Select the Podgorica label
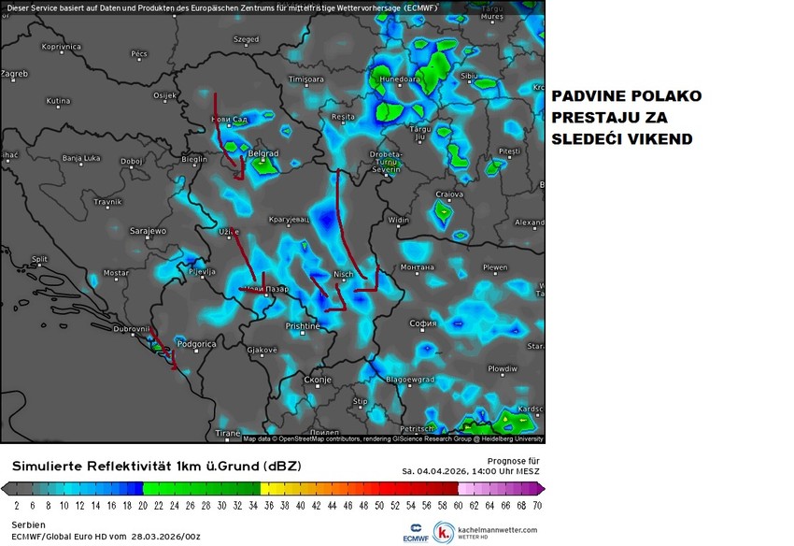(x=196, y=344)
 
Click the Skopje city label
(x=319, y=381)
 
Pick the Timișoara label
(x=305, y=80)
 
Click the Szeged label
(x=246, y=40)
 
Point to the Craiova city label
(x=449, y=194)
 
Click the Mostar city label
(x=116, y=273)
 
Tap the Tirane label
(x=228, y=433)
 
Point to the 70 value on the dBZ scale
(x=537, y=506)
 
